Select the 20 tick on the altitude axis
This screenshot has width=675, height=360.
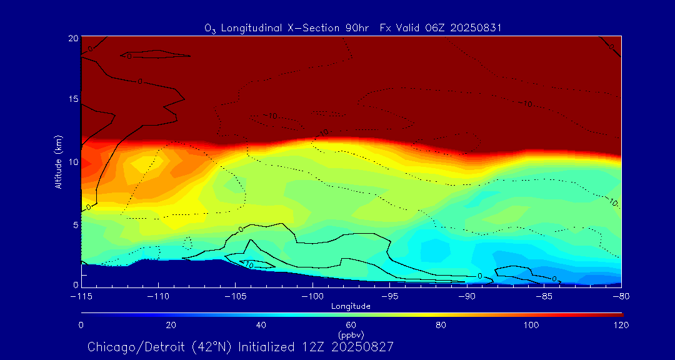(72, 38)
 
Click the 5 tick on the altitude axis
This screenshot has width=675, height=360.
(74, 224)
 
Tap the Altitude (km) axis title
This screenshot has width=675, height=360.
(58, 161)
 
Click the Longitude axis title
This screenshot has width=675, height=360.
(351, 306)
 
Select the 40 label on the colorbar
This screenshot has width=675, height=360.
(261, 325)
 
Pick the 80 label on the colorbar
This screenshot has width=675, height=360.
(441, 325)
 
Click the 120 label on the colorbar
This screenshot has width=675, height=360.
(621, 325)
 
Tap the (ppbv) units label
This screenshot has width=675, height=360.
(351, 334)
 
